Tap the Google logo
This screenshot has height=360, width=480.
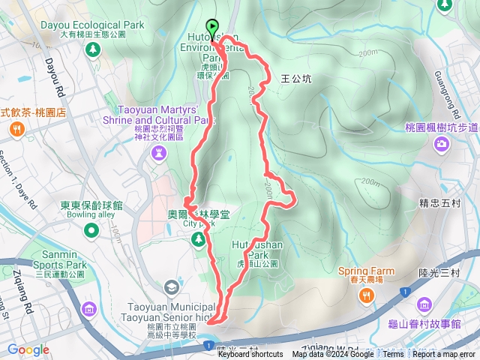28,349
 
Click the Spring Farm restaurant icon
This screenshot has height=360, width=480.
367,295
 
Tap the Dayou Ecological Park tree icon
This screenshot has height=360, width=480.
92,49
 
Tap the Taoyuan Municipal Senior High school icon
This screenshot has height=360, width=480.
172,287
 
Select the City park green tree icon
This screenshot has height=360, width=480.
199,239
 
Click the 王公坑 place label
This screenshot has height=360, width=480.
295,77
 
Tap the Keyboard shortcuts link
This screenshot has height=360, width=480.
250,355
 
